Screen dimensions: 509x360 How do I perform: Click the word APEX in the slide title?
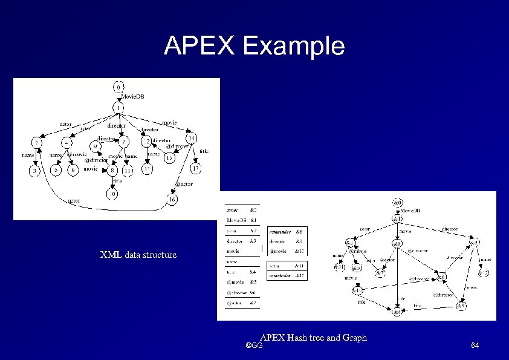tap(201, 46)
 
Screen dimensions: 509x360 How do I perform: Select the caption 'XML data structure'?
tap(138, 255)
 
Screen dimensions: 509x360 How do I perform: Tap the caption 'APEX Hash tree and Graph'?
tap(314, 337)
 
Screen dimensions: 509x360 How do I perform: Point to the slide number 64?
tap(475, 345)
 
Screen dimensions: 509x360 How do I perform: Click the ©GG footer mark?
tap(254, 345)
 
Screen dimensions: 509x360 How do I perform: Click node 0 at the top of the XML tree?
tap(120, 87)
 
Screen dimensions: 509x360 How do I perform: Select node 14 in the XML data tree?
tap(190, 138)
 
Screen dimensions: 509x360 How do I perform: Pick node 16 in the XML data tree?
tap(172, 198)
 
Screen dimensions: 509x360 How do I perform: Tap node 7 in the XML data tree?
tap(123, 142)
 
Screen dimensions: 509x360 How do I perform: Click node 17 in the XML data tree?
tap(195, 168)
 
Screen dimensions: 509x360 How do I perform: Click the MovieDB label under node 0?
tap(133, 97)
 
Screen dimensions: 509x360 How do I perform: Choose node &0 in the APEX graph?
tap(397, 202)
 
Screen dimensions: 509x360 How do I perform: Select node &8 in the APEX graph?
tap(397, 244)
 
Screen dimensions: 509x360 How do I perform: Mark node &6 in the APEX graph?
tap(442, 277)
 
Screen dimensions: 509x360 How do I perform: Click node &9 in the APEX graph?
tap(461, 306)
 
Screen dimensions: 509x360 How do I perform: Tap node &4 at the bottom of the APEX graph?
tap(397, 312)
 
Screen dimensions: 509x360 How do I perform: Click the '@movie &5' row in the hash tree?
tap(242, 281)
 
